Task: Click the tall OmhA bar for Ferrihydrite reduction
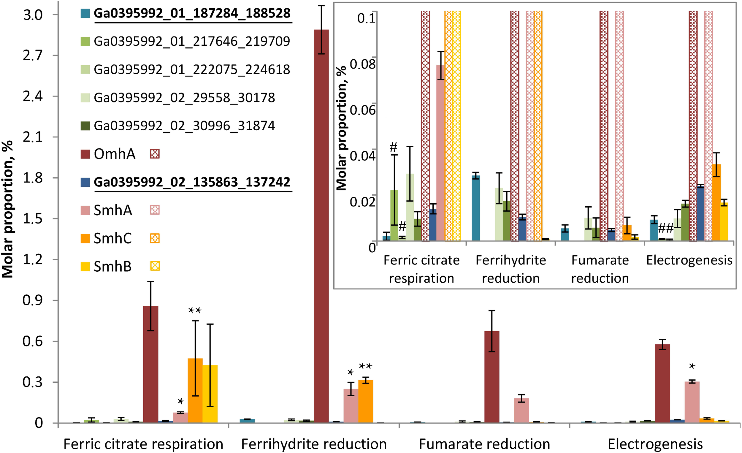[x=321, y=226]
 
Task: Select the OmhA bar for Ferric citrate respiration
[x=150, y=365]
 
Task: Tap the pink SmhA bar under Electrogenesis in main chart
[x=692, y=402]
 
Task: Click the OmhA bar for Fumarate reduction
[x=492, y=376]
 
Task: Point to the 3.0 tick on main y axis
[x=33, y=15]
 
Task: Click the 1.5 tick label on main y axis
[x=33, y=219]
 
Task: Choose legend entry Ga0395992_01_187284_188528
[x=192, y=13]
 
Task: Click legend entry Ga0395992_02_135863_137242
[x=192, y=182]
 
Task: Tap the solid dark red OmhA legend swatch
[x=85, y=154]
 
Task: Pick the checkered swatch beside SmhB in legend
[x=155, y=266]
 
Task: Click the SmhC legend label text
[x=112, y=238]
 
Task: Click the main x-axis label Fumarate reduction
[x=484, y=444]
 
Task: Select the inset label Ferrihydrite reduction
[x=511, y=269]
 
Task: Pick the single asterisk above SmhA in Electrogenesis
[x=692, y=366]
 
